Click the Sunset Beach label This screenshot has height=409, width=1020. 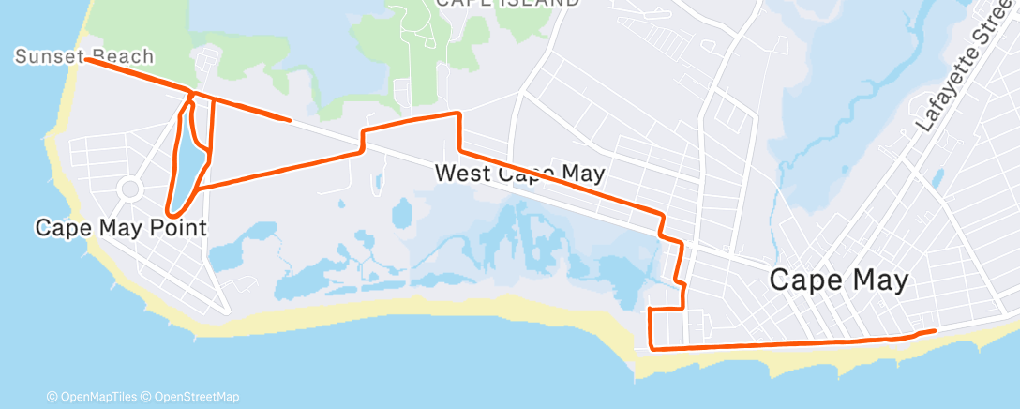tap(84, 57)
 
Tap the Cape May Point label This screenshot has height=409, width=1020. tap(120, 227)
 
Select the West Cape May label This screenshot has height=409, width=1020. tap(519, 174)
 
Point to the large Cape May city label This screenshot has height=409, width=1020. tap(839, 280)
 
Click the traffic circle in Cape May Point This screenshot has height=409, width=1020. tap(130, 189)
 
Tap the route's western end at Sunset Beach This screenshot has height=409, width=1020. tap(86, 59)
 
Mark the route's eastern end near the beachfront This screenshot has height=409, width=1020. tap(935, 331)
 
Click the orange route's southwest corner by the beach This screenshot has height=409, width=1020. tap(652, 349)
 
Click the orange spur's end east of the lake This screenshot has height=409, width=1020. tap(289, 120)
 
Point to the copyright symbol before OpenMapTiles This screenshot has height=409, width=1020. tap(52, 397)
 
